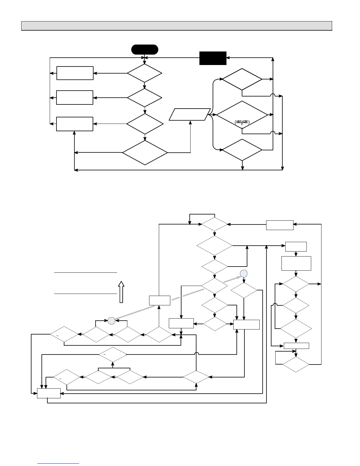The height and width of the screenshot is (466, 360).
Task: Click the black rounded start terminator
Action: click(x=144, y=49)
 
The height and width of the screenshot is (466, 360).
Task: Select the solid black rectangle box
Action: click(x=213, y=58)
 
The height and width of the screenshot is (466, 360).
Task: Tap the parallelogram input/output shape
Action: click(x=190, y=114)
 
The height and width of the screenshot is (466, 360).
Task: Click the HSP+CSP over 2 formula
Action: click(x=242, y=122)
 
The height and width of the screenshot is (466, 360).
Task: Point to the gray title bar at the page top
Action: click(x=176, y=26)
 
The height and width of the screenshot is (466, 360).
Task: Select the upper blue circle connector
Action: click(x=244, y=273)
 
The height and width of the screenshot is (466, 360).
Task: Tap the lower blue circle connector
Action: click(x=111, y=321)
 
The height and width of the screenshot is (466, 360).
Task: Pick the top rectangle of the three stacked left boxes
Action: click(x=75, y=73)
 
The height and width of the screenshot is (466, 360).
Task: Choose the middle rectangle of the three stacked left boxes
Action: click(x=75, y=97)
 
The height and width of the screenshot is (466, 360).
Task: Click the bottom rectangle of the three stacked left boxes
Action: click(x=75, y=124)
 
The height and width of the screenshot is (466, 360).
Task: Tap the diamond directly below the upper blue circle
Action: click(x=244, y=291)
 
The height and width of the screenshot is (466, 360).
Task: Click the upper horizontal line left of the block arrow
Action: click(x=86, y=273)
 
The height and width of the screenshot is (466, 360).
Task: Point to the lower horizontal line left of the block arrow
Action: click(x=86, y=294)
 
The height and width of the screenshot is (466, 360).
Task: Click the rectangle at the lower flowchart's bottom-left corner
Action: click(x=49, y=393)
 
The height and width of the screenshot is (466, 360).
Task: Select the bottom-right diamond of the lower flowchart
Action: click(x=296, y=365)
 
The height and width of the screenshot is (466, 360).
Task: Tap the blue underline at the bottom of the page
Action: click(x=59, y=463)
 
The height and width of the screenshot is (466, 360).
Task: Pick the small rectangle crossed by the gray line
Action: click(x=159, y=301)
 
